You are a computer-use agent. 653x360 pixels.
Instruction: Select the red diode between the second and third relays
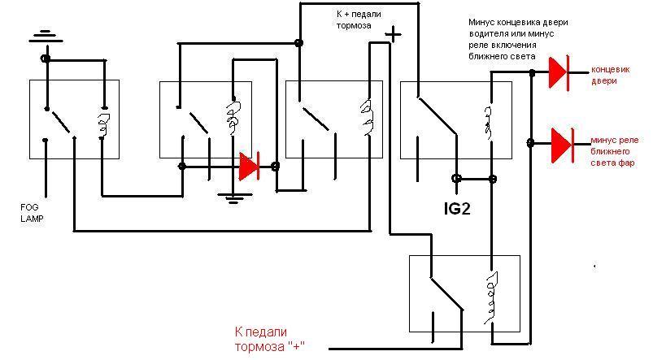(x=249, y=166)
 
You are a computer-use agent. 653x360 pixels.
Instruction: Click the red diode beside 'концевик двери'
(x=558, y=72)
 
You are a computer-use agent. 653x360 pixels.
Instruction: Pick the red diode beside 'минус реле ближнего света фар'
(x=560, y=144)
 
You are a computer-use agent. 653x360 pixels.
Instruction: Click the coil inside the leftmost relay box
(x=103, y=123)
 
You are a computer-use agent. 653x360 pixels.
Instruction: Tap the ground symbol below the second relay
(x=232, y=195)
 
